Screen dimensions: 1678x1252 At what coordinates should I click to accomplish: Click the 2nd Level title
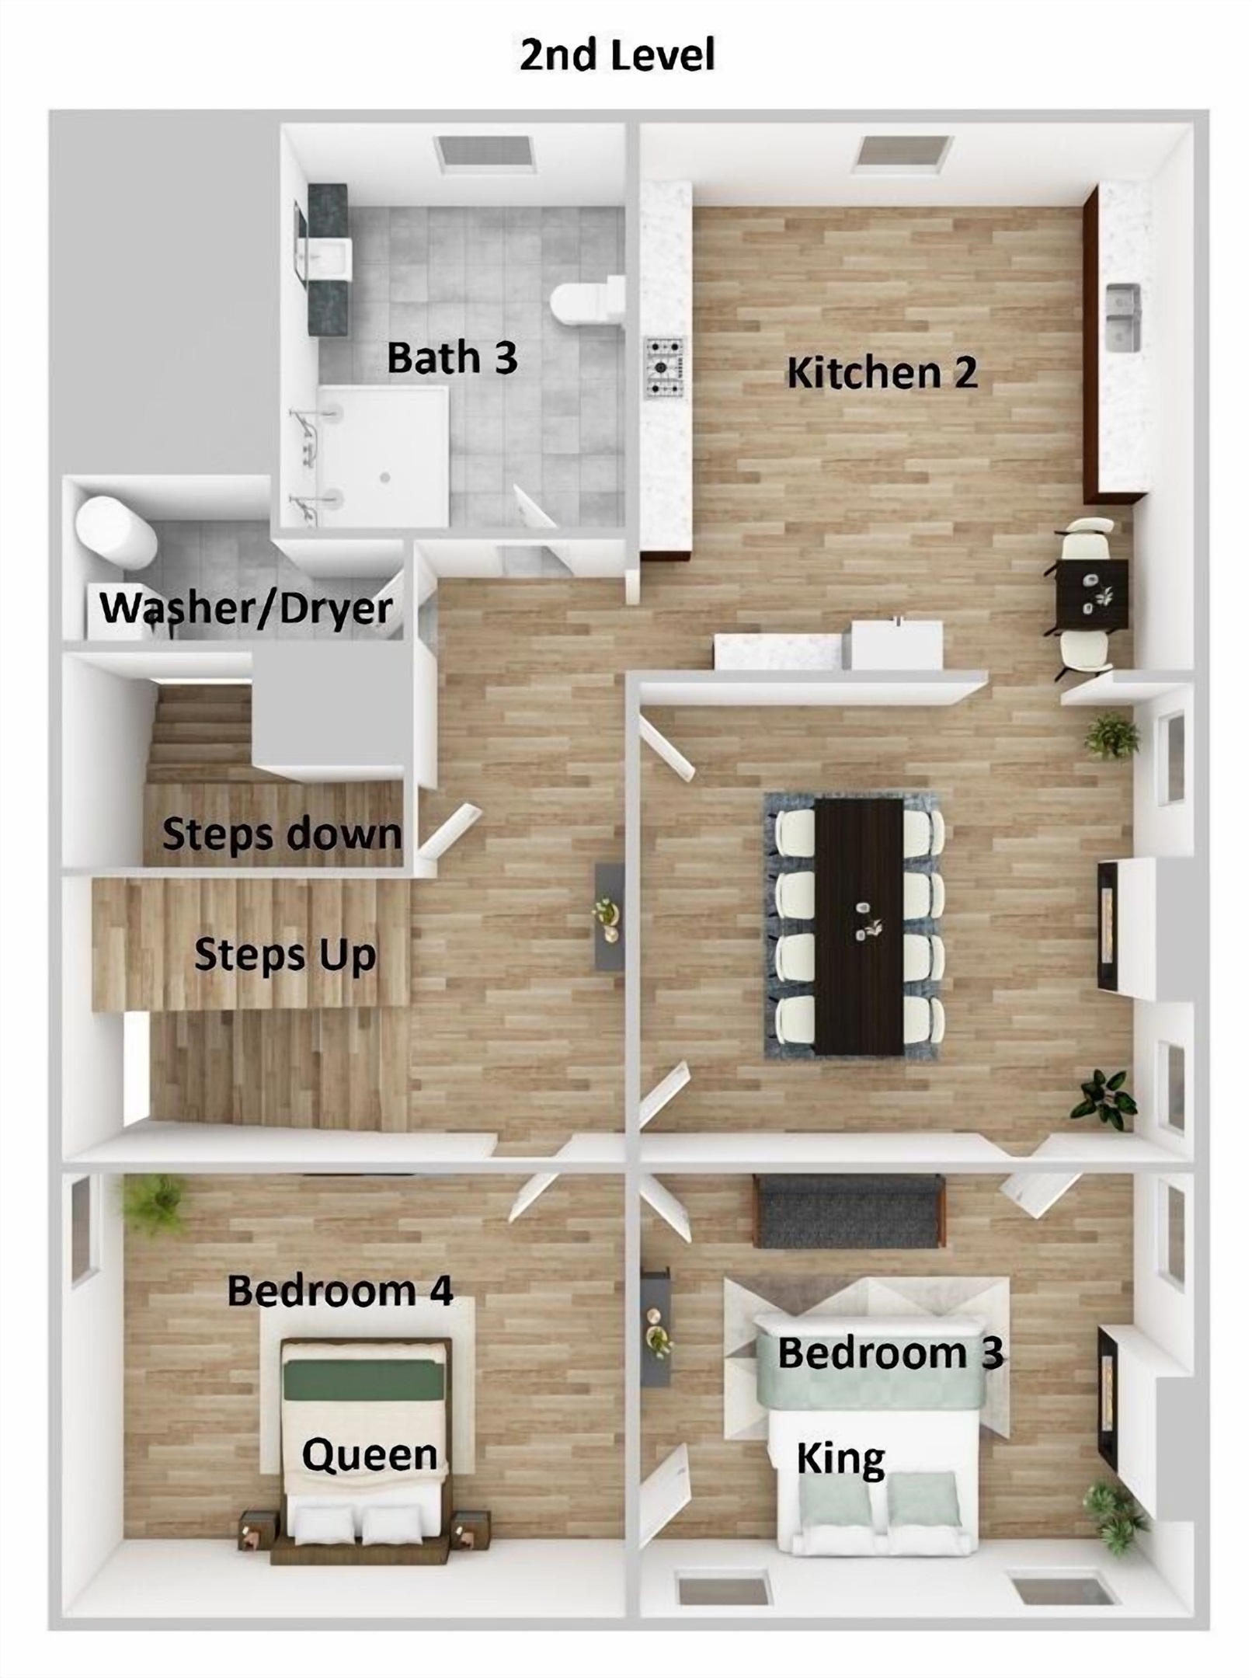[617, 56]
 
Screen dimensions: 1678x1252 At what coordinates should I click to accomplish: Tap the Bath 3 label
[452, 359]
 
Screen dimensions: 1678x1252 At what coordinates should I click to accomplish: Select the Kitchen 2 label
[882, 373]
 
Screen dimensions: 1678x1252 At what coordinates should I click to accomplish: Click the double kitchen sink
[1123, 317]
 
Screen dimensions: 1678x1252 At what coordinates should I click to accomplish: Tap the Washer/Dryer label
[246, 608]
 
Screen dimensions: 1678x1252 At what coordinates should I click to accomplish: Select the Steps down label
[282, 835]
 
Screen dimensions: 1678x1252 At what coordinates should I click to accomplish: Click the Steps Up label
[285, 954]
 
